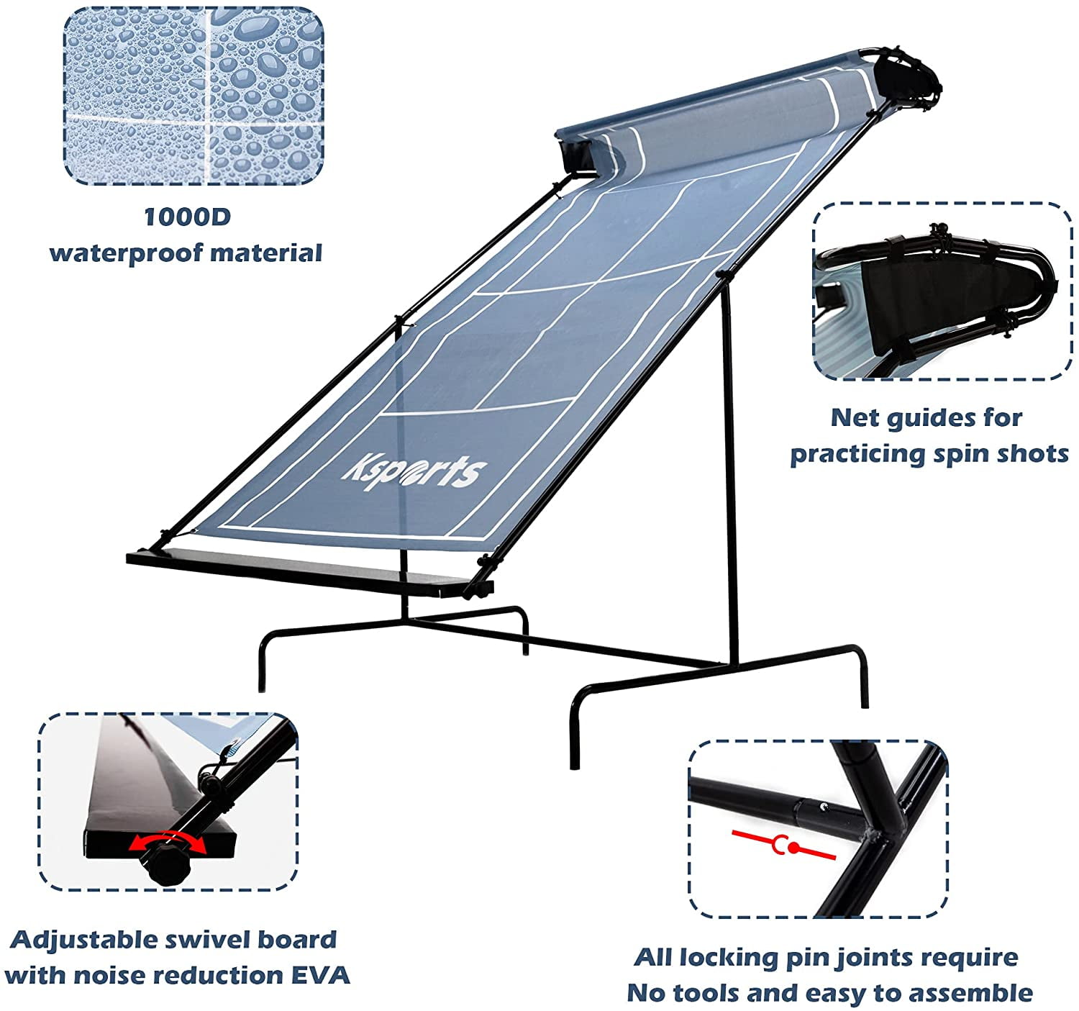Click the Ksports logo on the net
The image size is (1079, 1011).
point(414,471)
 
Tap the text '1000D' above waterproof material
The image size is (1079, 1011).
point(188,217)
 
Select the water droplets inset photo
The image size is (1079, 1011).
point(194,96)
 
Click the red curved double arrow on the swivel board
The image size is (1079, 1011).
point(168,840)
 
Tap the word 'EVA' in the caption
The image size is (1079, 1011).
point(321,976)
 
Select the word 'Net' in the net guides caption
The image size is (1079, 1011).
point(854,418)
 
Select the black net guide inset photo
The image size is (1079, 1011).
point(942,291)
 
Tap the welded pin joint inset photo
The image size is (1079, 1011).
point(818,829)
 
